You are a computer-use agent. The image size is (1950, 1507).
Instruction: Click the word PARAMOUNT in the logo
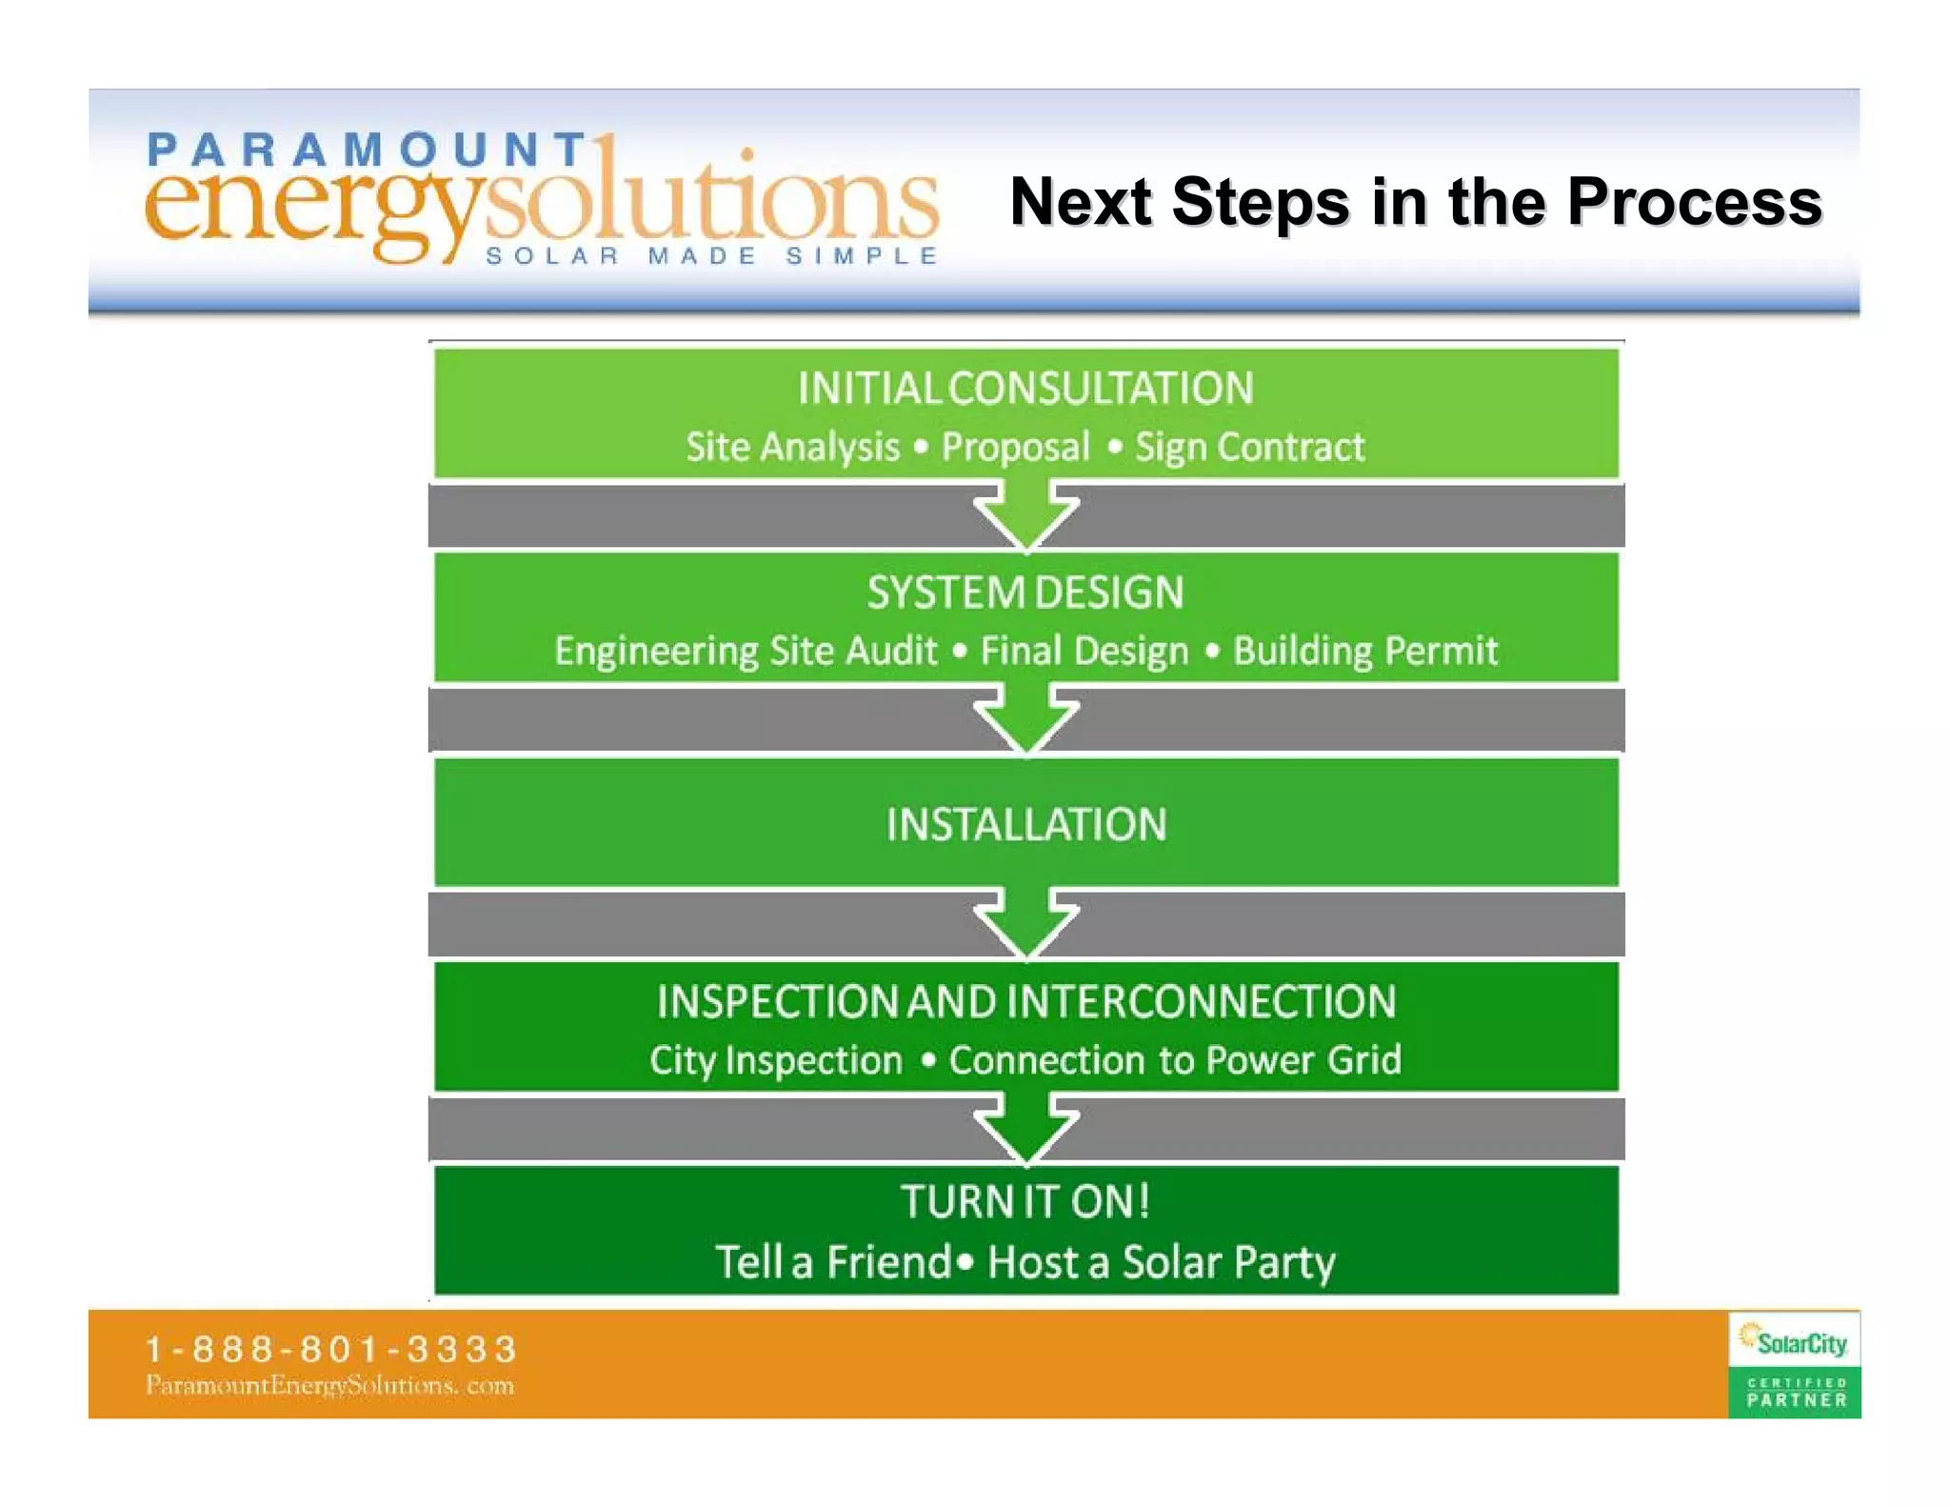(367, 150)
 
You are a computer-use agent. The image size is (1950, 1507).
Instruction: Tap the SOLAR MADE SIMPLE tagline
(711, 256)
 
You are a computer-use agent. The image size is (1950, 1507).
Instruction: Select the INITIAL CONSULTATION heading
(1025, 389)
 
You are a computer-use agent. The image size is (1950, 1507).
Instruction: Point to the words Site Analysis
(792, 447)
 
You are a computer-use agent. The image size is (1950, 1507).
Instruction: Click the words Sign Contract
(1249, 447)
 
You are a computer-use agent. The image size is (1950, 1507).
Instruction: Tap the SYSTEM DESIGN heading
(1025, 593)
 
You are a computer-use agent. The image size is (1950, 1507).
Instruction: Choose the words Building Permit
(1364, 651)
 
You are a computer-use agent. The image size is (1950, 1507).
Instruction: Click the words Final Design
(1084, 651)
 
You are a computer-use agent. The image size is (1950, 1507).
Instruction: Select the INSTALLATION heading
(1025, 824)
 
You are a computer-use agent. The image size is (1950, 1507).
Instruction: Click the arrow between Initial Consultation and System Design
(1026, 514)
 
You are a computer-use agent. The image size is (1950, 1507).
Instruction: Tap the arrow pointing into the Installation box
(1026, 719)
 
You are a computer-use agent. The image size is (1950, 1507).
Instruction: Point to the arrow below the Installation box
(1026, 922)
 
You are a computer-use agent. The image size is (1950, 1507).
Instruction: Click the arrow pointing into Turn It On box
(1026, 1127)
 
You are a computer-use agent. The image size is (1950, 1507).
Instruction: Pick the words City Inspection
(775, 1060)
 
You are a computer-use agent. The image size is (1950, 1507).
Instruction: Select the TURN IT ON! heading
(1025, 1201)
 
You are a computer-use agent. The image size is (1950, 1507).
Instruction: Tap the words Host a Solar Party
(1161, 1262)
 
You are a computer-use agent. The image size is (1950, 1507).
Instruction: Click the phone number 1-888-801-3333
(330, 1348)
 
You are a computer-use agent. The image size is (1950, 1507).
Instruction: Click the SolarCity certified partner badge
(1794, 1364)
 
